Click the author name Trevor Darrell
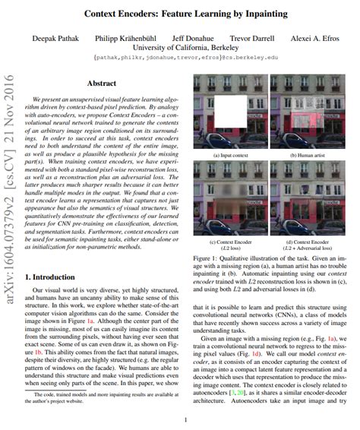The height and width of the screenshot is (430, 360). [x=251, y=36]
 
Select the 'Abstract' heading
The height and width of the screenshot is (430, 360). [x=102, y=84]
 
